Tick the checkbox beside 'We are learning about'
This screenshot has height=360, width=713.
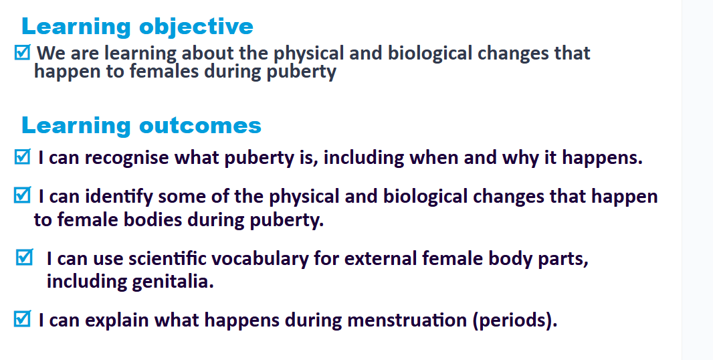pyautogui.click(x=22, y=52)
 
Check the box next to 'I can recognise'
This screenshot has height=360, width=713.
pyautogui.click(x=22, y=157)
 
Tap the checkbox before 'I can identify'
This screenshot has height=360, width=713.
pyautogui.click(x=22, y=195)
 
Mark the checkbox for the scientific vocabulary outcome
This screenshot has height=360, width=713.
pyautogui.click(x=25, y=257)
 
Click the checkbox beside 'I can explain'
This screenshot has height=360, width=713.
pyautogui.click(x=22, y=319)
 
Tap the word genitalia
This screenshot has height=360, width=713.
pyautogui.click(x=173, y=282)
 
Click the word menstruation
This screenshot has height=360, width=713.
pyautogui.click(x=407, y=320)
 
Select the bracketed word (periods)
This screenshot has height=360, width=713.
pyautogui.click(x=515, y=321)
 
